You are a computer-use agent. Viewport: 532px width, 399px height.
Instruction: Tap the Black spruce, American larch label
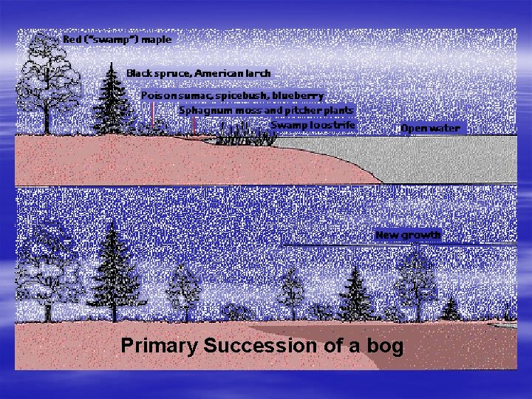coord(198,73)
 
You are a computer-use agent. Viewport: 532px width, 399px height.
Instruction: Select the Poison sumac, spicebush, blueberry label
coord(232,96)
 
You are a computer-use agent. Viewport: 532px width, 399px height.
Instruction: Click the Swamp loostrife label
coord(313,126)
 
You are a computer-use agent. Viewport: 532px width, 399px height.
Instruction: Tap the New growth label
coord(408,235)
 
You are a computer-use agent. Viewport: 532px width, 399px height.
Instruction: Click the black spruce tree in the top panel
coord(114,96)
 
